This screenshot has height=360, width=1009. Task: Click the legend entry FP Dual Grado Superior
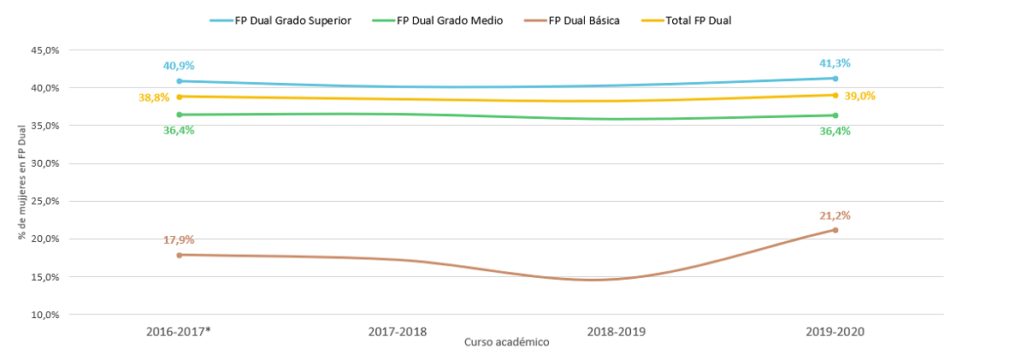point(280,21)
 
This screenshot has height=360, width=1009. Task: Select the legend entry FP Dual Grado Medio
point(438,21)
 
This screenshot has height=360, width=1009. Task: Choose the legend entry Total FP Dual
point(687,21)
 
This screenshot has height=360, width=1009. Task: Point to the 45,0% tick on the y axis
point(44,50)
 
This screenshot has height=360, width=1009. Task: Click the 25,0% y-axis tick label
point(44,201)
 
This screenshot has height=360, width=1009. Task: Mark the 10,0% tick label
point(44,315)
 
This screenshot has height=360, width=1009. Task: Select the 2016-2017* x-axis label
point(179,332)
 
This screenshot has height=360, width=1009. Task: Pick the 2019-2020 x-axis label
point(835,332)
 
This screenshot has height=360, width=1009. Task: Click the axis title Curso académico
point(507,343)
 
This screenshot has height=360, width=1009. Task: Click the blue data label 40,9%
point(179,65)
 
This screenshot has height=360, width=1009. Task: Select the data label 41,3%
point(835,63)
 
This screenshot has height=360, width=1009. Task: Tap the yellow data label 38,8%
point(154,97)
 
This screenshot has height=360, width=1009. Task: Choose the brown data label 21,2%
point(835,215)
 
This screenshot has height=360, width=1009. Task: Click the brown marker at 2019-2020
point(835,230)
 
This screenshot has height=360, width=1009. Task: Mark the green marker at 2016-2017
point(179,115)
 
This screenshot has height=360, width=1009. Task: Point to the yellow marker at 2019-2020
point(835,95)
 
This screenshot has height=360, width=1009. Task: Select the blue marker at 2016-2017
point(179,81)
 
